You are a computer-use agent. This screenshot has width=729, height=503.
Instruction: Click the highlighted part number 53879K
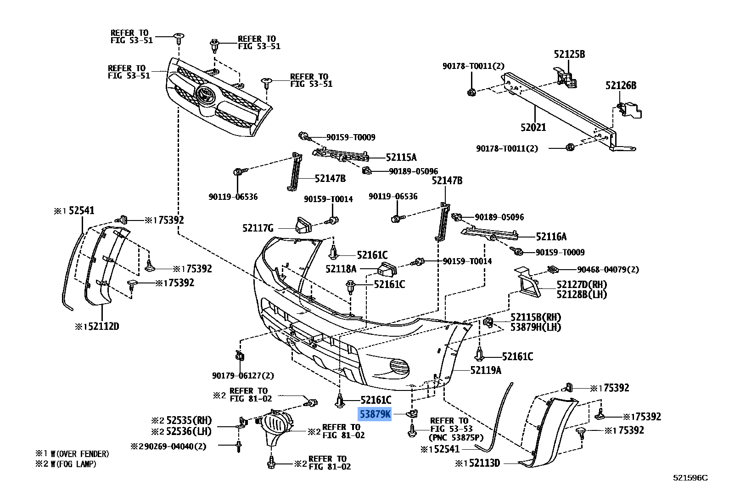coord(375,414)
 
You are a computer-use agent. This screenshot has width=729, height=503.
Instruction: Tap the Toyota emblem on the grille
coord(205,95)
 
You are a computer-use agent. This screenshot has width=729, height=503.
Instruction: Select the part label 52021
coord(533,127)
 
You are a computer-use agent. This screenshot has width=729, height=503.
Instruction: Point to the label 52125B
coord(569,54)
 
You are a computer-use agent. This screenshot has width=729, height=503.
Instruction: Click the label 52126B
coord(621,85)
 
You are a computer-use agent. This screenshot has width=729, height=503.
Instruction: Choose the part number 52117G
coord(258,228)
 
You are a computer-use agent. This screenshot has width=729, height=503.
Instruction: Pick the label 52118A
coord(341,269)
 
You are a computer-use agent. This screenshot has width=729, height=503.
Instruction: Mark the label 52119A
coord(486,370)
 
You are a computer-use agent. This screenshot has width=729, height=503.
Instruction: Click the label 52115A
coord(401,158)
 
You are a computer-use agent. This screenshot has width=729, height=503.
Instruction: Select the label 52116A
coord(551,237)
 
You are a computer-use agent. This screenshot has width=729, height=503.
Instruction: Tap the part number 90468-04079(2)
coord(608,270)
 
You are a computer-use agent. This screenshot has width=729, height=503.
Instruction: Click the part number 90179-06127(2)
coord(243,376)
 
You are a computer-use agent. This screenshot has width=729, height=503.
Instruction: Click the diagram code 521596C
coord(690,478)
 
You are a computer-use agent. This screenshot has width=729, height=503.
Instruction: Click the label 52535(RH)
coord(189,420)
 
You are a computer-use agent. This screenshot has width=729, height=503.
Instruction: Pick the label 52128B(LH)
coord(581,294)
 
